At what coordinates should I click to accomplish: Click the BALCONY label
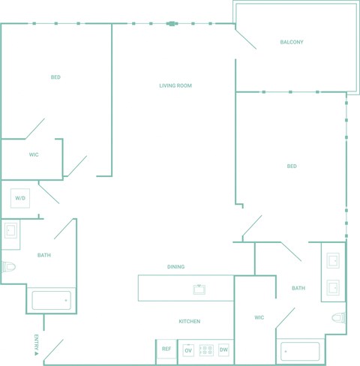point(292,42)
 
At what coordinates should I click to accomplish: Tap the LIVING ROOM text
point(175,85)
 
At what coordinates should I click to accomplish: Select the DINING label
point(175,267)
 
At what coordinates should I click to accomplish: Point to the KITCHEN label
point(190,321)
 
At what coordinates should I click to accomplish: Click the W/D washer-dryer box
point(20,198)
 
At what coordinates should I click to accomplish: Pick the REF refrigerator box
point(166,349)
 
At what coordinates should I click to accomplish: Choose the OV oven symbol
point(188,350)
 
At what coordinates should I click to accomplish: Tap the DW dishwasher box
point(223,349)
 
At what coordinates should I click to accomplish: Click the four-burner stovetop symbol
point(206,350)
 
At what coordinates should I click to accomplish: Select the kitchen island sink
point(199,289)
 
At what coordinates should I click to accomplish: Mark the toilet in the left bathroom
point(8,267)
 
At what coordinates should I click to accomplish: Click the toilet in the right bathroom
point(339,318)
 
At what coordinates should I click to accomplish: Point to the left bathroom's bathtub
point(52,301)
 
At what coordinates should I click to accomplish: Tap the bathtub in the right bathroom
point(300,352)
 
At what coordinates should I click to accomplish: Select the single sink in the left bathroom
point(10,230)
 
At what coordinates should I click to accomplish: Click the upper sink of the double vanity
point(333,261)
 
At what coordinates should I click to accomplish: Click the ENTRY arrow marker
point(36,353)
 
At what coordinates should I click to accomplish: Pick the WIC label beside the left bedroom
point(34,154)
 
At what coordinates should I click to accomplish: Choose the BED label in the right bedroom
point(292,166)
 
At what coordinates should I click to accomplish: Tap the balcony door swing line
point(246,39)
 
